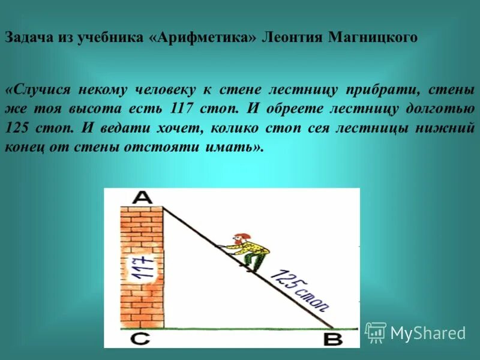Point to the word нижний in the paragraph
click(449, 128)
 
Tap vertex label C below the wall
click(140, 339)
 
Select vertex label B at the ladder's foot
click(332, 340)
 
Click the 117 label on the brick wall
click(141, 268)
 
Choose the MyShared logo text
click(428, 333)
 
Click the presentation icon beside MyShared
click(376, 332)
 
